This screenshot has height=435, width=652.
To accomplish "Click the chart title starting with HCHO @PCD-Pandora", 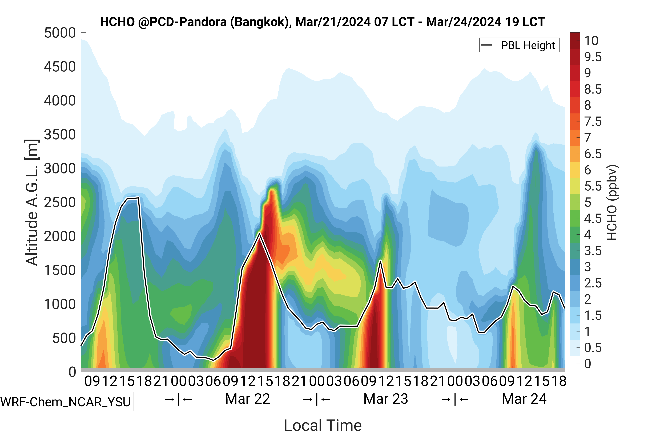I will tap(322, 22).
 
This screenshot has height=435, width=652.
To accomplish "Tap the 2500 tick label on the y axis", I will tap(60, 203).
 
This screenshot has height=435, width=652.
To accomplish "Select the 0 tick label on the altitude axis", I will tap(72, 372).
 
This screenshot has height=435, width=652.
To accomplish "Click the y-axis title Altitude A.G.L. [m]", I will tap(32, 203).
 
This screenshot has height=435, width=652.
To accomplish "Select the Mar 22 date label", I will tap(248, 399).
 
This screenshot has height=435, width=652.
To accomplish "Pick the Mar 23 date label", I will tap(386, 399).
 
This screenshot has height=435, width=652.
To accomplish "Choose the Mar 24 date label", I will tap(524, 399).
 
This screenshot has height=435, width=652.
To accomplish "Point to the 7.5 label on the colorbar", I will tap(593, 121).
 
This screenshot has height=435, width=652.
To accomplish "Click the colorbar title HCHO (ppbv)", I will tap(612, 203).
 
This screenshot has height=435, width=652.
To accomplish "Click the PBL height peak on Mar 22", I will tap(259, 234).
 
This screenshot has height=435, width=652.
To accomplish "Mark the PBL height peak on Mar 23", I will tap(381, 261).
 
